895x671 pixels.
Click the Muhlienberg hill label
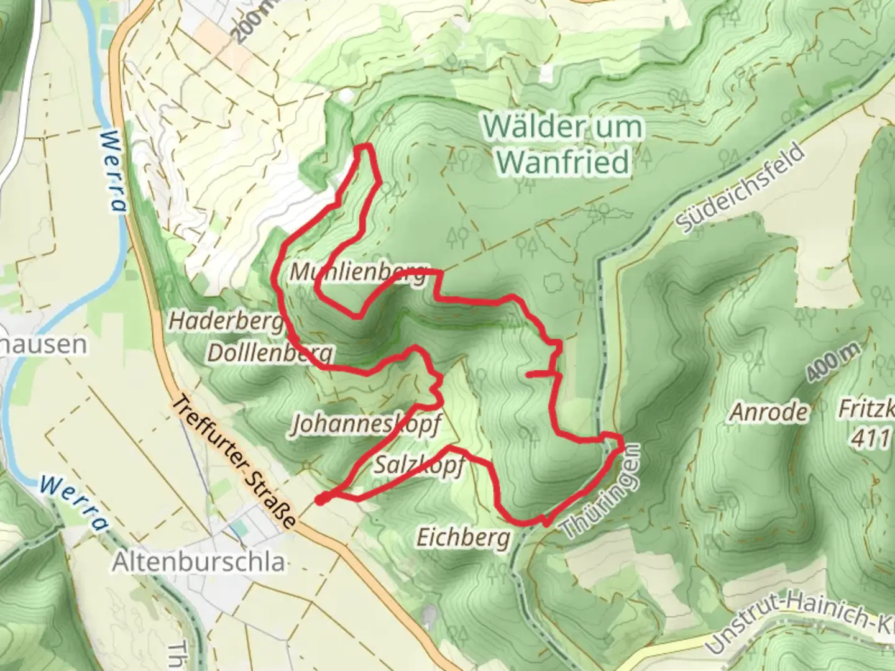pyautogui.click(x=359, y=272)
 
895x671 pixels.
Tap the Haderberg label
pyautogui.click(x=226, y=321)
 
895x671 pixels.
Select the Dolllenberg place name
pyautogui.click(x=270, y=353)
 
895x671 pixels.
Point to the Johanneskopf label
pyautogui.click(x=366, y=424)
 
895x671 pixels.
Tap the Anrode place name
pyautogui.click(x=769, y=411)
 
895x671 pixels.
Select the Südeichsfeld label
pyautogui.click(x=741, y=187)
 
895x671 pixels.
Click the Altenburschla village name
pyautogui.click(x=199, y=562)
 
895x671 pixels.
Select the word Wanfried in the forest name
pyautogui.click(x=563, y=163)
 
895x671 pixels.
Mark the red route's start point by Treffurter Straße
pyautogui.click(x=321, y=499)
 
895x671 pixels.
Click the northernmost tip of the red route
pyautogui.click(x=365, y=147)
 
